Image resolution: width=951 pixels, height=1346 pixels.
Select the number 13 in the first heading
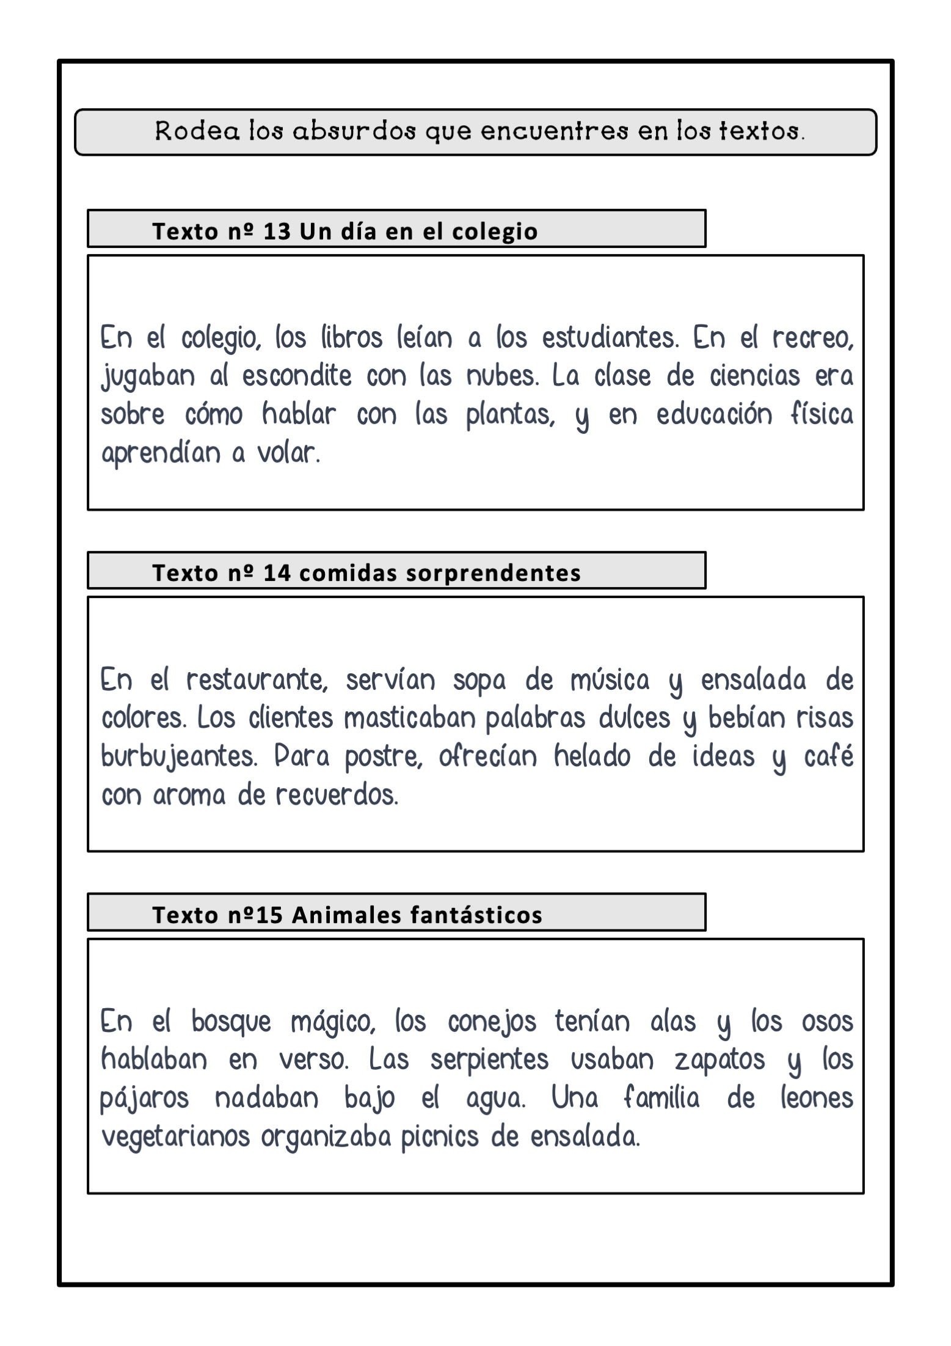pyautogui.click(x=277, y=232)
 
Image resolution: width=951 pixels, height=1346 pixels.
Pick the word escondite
pyautogui.click(x=297, y=376)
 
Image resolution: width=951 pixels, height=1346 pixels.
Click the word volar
pyautogui.click(x=288, y=453)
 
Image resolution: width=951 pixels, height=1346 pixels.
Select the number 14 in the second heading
pyautogui.click(x=277, y=573)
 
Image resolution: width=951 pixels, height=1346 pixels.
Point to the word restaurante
pyautogui.click(x=257, y=679)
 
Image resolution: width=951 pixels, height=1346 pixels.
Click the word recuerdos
pyautogui.click(x=337, y=795)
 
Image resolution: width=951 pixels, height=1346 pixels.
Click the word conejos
pyautogui.click(x=492, y=1021)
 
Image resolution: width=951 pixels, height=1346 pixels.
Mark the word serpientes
pyautogui.click(x=489, y=1059)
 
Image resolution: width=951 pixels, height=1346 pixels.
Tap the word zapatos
pyautogui.click(x=720, y=1059)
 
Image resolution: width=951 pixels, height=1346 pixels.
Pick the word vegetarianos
pyautogui.click(x=175, y=1136)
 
